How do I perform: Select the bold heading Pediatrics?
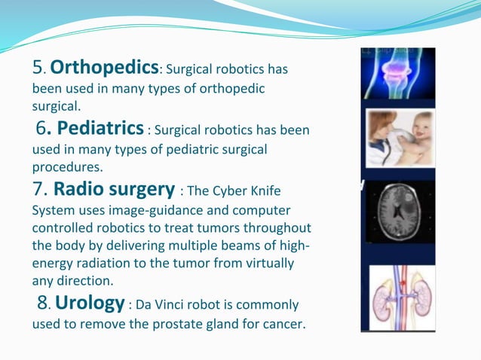[x=100, y=128]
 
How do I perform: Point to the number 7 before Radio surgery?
[x=38, y=188]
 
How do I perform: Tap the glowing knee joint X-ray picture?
[x=398, y=74]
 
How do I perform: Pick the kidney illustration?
[x=398, y=298]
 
